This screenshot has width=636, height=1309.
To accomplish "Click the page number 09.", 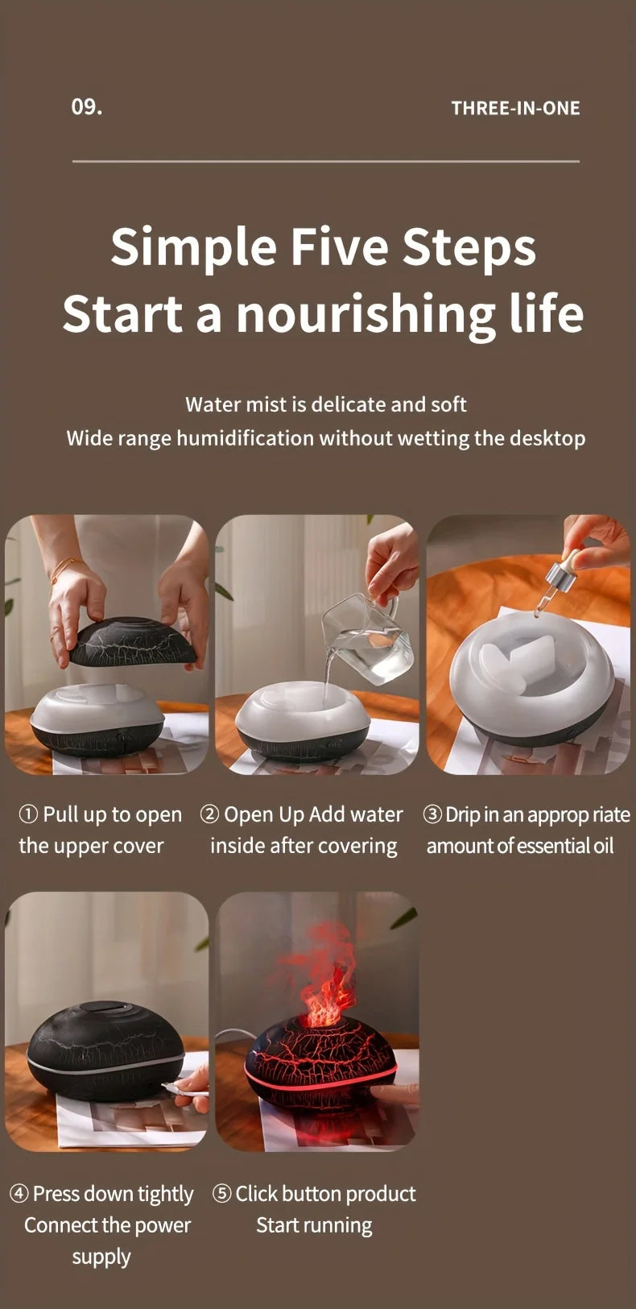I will pyautogui.click(x=86, y=107).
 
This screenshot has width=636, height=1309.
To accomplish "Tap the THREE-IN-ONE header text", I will pyautogui.click(x=515, y=109).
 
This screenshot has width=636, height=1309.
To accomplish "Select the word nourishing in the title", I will pyautogui.click(x=366, y=314).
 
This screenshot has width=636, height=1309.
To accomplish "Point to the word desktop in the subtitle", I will pyautogui.click(x=540, y=438).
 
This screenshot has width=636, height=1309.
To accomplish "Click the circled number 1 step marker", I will pyautogui.click(x=28, y=814).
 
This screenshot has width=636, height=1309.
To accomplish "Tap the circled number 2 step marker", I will pyautogui.click(x=209, y=814).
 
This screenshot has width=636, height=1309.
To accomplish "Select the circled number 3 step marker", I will pyautogui.click(x=432, y=814).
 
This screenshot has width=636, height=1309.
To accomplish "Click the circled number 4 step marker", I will pyautogui.click(x=19, y=1194).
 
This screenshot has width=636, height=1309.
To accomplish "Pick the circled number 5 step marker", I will pyautogui.click(x=221, y=1194).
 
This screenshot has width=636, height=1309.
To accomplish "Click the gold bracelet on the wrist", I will pyautogui.click(x=64, y=568).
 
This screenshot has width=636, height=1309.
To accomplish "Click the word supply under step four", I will pyautogui.click(x=101, y=1257).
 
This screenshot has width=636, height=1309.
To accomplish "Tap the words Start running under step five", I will pyautogui.click(x=314, y=1225).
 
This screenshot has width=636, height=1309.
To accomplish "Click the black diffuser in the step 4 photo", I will pyautogui.click(x=105, y=1051).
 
